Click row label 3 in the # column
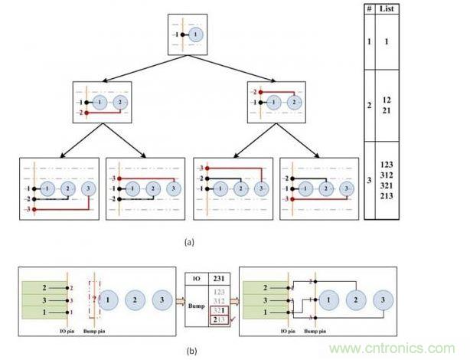click(x=368, y=180)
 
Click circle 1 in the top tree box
click(x=197, y=35)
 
